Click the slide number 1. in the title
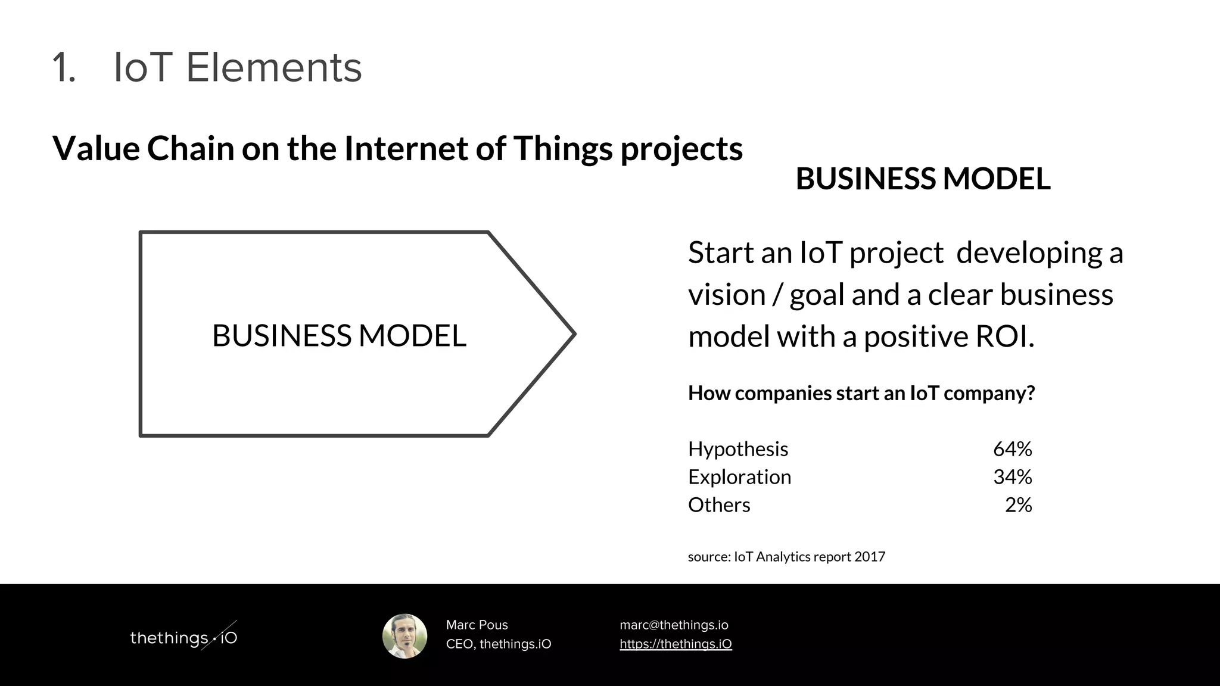pyautogui.click(x=64, y=67)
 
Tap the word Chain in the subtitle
pyautogui.click(x=191, y=148)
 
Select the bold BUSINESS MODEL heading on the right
pyautogui.click(x=923, y=179)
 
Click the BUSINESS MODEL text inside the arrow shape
pyautogui.click(x=339, y=335)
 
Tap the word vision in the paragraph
pyautogui.click(x=726, y=295)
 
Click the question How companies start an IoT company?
pyautogui.click(x=861, y=393)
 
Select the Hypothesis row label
pyautogui.click(x=737, y=449)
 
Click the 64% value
pyautogui.click(x=1012, y=449)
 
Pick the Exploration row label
pyautogui.click(x=739, y=477)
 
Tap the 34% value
pyautogui.click(x=1012, y=477)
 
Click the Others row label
pyautogui.click(x=719, y=505)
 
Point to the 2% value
pyautogui.click(x=1018, y=505)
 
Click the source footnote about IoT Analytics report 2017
pyautogui.click(x=786, y=557)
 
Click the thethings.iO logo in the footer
pyautogui.click(x=183, y=637)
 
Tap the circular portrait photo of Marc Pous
pyautogui.click(x=404, y=636)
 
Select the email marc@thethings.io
pyautogui.click(x=674, y=625)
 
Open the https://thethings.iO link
pyautogui.click(x=676, y=644)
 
